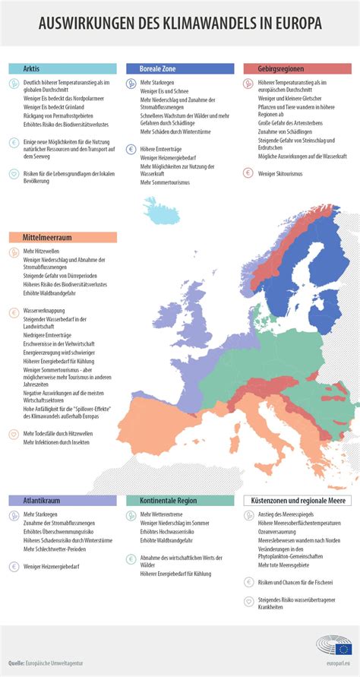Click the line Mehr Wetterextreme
pyautogui.click(x=163, y=514)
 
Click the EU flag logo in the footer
pyautogui.click(x=343, y=650)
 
